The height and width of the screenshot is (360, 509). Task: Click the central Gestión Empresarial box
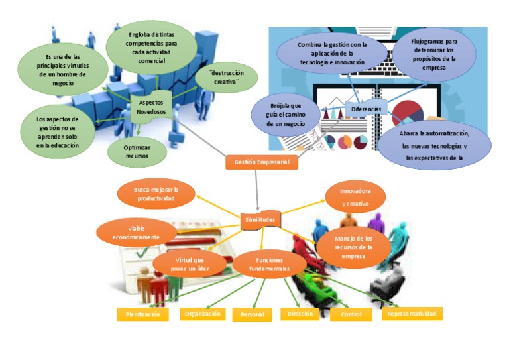click(262, 162)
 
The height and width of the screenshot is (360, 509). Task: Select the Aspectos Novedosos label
click(153, 107)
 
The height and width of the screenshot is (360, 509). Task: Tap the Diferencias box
click(367, 107)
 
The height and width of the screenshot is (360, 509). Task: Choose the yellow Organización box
click(202, 314)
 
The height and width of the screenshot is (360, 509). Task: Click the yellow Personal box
click(252, 315)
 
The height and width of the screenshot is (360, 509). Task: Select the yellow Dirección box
click(300, 314)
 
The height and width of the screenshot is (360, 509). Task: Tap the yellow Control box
click(351, 314)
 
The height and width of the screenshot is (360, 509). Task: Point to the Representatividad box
click(412, 313)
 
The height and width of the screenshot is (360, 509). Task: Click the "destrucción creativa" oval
click(227, 78)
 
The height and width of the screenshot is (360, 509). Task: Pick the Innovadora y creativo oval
click(356, 197)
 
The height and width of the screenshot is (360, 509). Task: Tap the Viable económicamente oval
click(137, 232)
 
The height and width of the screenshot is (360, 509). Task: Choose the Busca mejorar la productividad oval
click(156, 194)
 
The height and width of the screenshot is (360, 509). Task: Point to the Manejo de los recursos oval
click(353, 247)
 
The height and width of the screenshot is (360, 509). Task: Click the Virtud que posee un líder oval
click(190, 264)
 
